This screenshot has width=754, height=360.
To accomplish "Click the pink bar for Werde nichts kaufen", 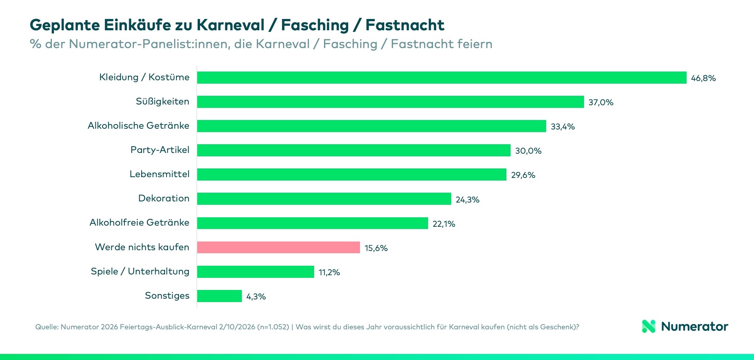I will (x=278, y=247).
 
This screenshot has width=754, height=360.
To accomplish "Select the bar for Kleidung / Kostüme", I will (x=441, y=78).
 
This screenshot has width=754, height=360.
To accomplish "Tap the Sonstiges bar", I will (x=219, y=296).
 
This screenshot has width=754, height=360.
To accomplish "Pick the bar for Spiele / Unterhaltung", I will (x=255, y=272).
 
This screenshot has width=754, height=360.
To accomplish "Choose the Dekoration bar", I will (x=324, y=199).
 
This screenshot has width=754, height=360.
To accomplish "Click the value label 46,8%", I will (x=703, y=78).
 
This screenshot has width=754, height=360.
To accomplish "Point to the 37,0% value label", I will (x=601, y=102).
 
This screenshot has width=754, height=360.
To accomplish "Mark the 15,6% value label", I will (x=376, y=248).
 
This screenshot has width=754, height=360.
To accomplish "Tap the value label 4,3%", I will (x=256, y=296).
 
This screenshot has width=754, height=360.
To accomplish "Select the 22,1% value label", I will (x=444, y=224).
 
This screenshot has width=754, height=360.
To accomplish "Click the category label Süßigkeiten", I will (x=162, y=101).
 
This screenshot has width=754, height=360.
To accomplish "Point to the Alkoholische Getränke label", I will (x=138, y=126).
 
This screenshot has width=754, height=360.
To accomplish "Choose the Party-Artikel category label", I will (x=160, y=150).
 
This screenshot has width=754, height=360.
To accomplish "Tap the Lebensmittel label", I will (x=159, y=174).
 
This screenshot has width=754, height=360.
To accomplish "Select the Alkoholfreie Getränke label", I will (x=139, y=223).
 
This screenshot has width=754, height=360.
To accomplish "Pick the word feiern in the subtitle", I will (x=475, y=44).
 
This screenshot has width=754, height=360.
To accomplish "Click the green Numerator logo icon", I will (x=648, y=326).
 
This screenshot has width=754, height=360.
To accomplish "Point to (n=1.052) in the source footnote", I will (x=273, y=327).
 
